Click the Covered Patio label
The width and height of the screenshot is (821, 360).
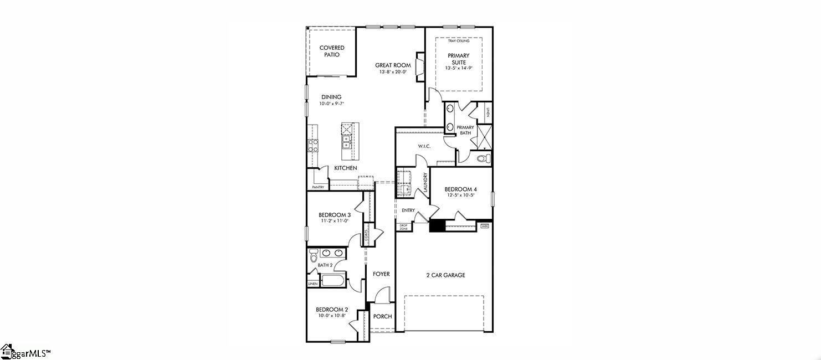[x=331, y=52]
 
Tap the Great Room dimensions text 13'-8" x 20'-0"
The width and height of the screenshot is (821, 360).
[x=393, y=72]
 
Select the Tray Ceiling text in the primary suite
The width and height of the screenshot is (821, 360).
[x=458, y=41]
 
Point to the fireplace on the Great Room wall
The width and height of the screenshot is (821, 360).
[x=420, y=65]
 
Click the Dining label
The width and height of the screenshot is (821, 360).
[x=331, y=97]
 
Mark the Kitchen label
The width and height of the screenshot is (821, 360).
[x=345, y=168]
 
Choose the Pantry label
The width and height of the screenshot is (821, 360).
[x=318, y=187]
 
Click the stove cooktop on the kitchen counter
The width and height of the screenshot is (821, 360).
[x=313, y=146]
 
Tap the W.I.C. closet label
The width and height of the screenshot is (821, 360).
[x=424, y=146]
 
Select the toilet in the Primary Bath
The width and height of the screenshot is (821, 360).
[x=483, y=159]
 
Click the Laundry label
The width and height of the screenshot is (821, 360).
[x=425, y=183]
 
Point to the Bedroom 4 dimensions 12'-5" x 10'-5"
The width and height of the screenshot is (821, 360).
[x=460, y=195]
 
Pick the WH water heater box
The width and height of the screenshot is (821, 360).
[x=485, y=226]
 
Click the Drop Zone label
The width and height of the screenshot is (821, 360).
[x=404, y=227]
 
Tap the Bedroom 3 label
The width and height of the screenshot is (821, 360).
[x=334, y=215]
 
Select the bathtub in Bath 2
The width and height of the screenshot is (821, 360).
[x=333, y=280]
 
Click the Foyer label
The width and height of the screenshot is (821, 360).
[x=381, y=274]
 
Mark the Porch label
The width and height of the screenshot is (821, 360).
[x=382, y=317]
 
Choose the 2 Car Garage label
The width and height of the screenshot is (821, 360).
[x=445, y=275]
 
